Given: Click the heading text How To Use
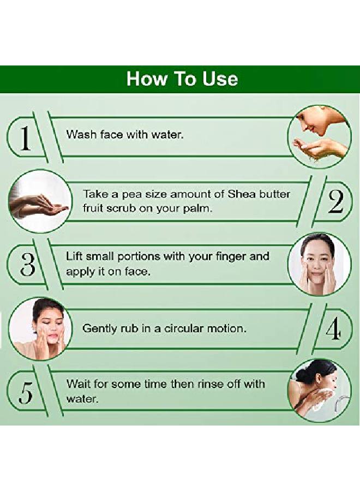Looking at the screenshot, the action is point(182,79).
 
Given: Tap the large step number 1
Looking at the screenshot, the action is point(26,138).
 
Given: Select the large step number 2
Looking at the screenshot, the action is point(335,201).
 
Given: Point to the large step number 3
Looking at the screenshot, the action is point(27,264).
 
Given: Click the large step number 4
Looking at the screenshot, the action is point(333,328).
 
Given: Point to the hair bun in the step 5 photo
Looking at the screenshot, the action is point(302,373).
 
